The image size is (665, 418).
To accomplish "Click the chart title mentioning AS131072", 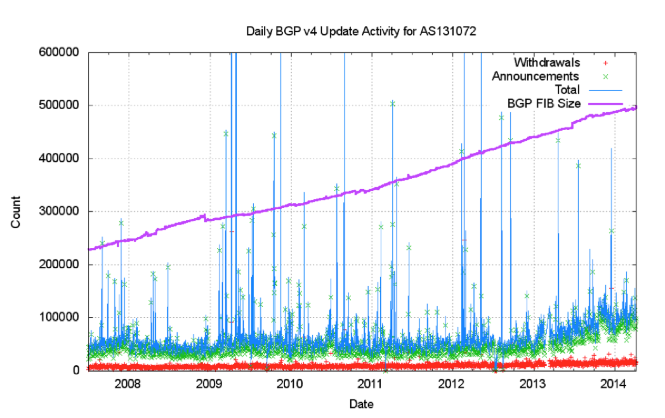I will pyautogui.click(x=361, y=31).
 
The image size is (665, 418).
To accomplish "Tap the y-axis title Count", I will pyautogui.click(x=16, y=212).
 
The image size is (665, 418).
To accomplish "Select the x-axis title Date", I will pyautogui.click(x=361, y=404).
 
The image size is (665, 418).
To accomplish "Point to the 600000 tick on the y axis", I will pyautogui.click(x=59, y=52).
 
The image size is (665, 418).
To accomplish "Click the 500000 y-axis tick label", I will pyautogui.click(x=59, y=105).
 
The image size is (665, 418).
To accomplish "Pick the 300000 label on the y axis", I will pyautogui.click(x=59, y=211).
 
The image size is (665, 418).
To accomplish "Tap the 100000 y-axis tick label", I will pyautogui.click(x=59, y=317).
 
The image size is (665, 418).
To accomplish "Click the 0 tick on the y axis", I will pyautogui.click(x=76, y=370).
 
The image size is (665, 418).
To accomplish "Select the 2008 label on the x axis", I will pyautogui.click(x=128, y=384).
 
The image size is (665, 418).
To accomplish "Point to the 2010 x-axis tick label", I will pyautogui.click(x=290, y=384).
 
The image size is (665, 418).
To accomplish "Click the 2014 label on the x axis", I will pyautogui.click(x=614, y=384).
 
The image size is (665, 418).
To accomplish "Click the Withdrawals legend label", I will pyautogui.click(x=547, y=62).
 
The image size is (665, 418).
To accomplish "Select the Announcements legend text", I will pyautogui.click(x=536, y=76).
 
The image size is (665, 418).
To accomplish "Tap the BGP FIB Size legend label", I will pyautogui.click(x=544, y=103).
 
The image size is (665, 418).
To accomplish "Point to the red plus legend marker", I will pyautogui.click(x=605, y=63).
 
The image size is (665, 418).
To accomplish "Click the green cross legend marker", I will pyautogui.click(x=605, y=77).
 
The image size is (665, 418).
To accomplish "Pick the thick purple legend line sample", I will pyautogui.click(x=605, y=104).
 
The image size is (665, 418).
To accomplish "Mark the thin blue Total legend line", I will pyautogui.click(x=605, y=90).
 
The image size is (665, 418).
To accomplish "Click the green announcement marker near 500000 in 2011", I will pyautogui.click(x=392, y=104).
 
